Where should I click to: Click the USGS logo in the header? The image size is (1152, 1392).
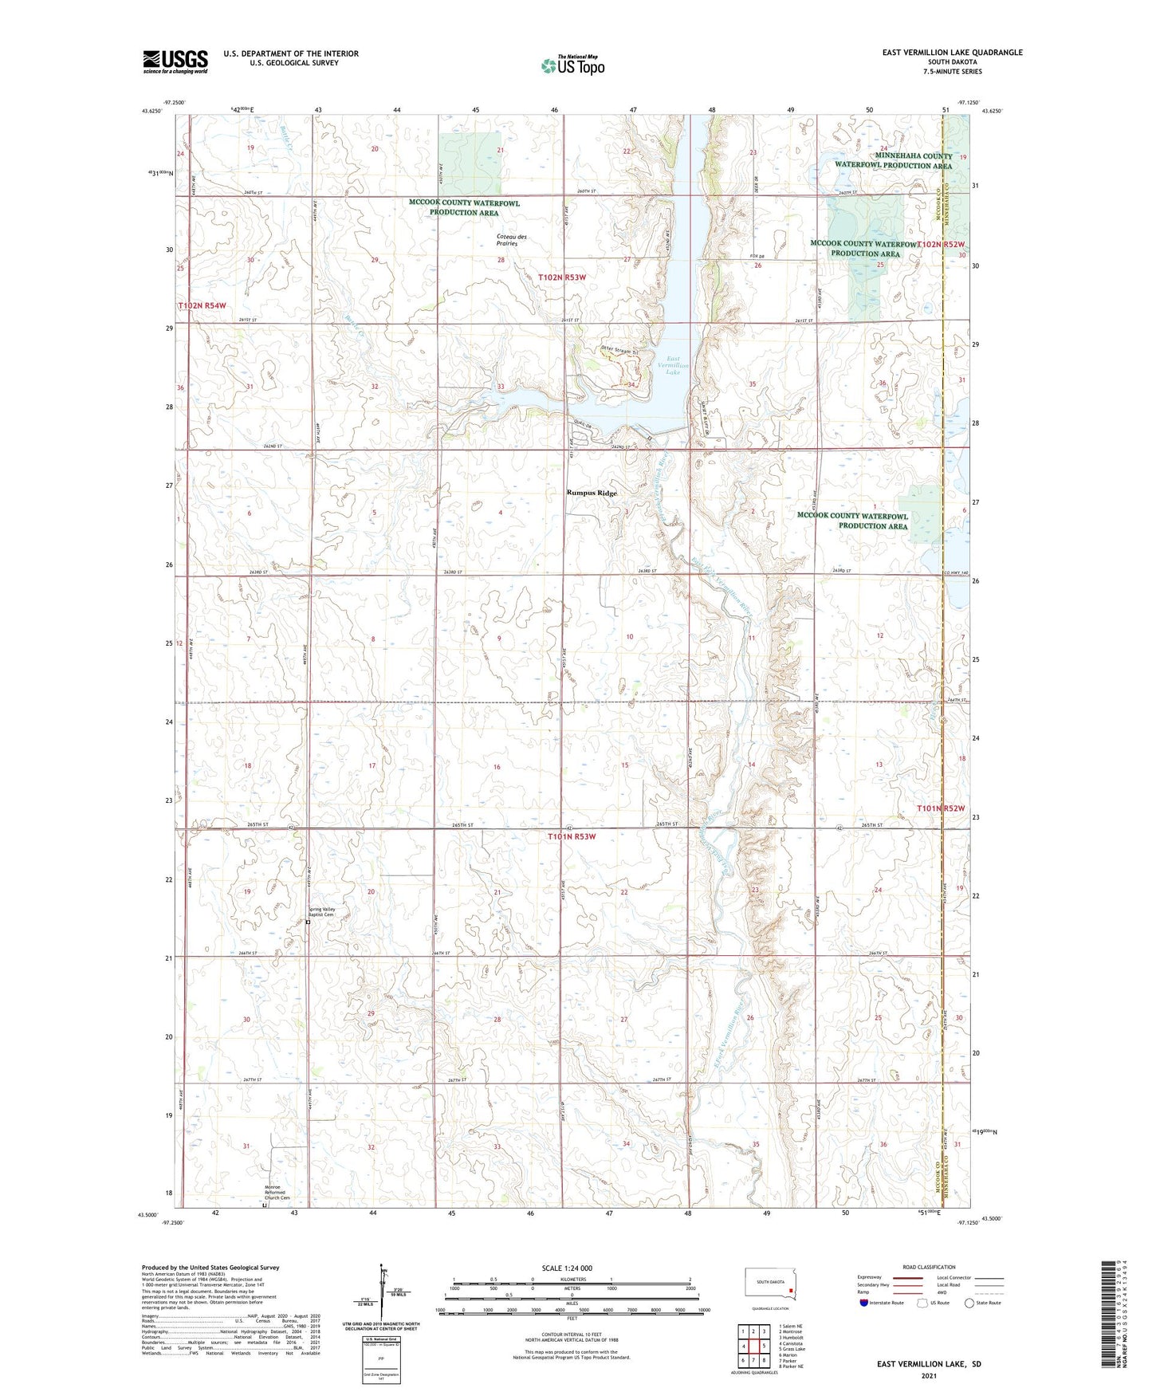[175, 61]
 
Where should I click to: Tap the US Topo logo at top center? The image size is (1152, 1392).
[572, 65]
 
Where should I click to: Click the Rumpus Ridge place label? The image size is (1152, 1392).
[592, 493]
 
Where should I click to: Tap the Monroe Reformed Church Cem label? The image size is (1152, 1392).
[277, 1193]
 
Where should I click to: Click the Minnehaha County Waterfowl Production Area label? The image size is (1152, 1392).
[893, 161]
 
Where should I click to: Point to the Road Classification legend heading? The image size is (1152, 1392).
[928, 1267]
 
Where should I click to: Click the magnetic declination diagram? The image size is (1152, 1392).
[382, 1292]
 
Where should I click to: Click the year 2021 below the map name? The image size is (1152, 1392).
[929, 1376]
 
